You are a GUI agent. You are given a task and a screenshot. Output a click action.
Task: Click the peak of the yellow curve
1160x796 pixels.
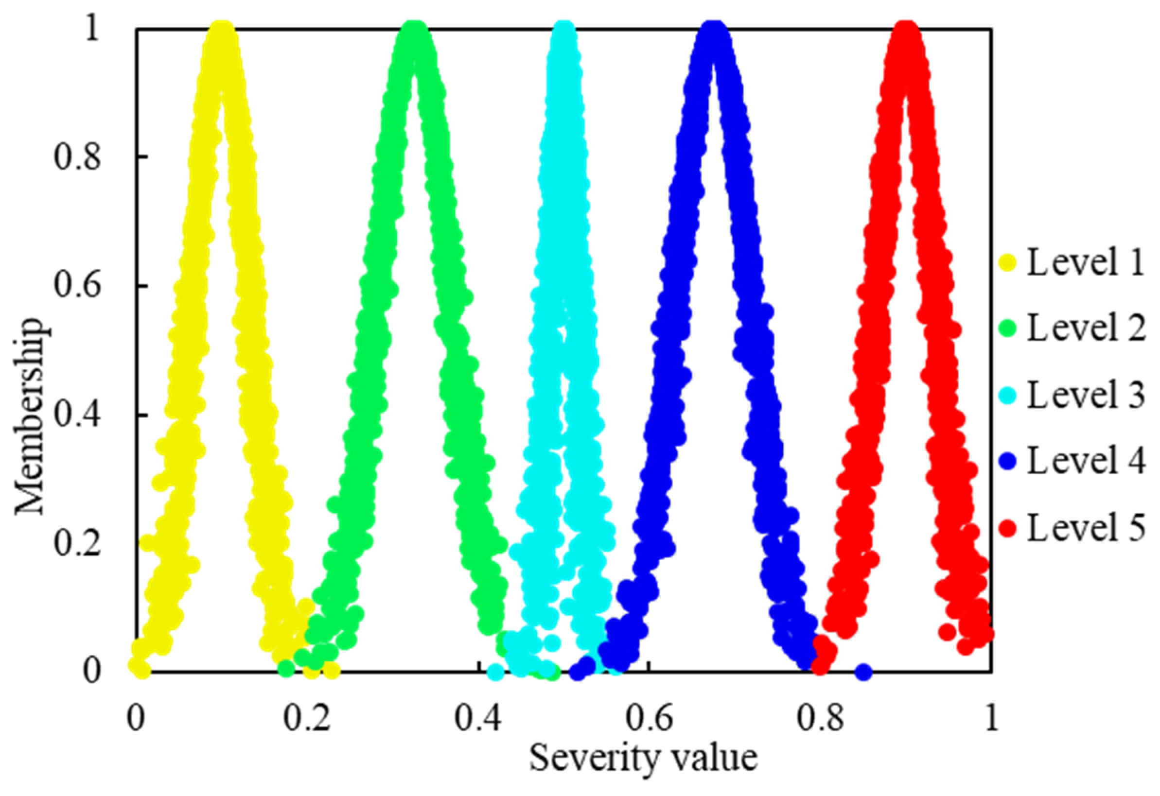220,31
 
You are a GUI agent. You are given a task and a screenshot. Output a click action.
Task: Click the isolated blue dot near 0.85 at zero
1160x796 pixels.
864,672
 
